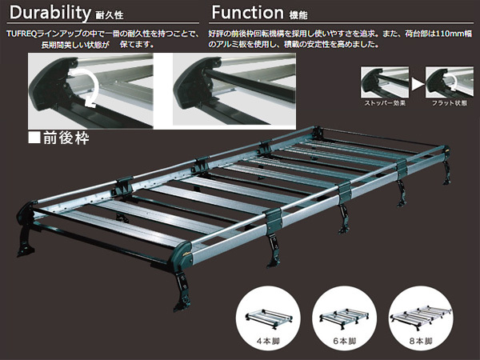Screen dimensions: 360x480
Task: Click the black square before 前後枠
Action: (x=34, y=138)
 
